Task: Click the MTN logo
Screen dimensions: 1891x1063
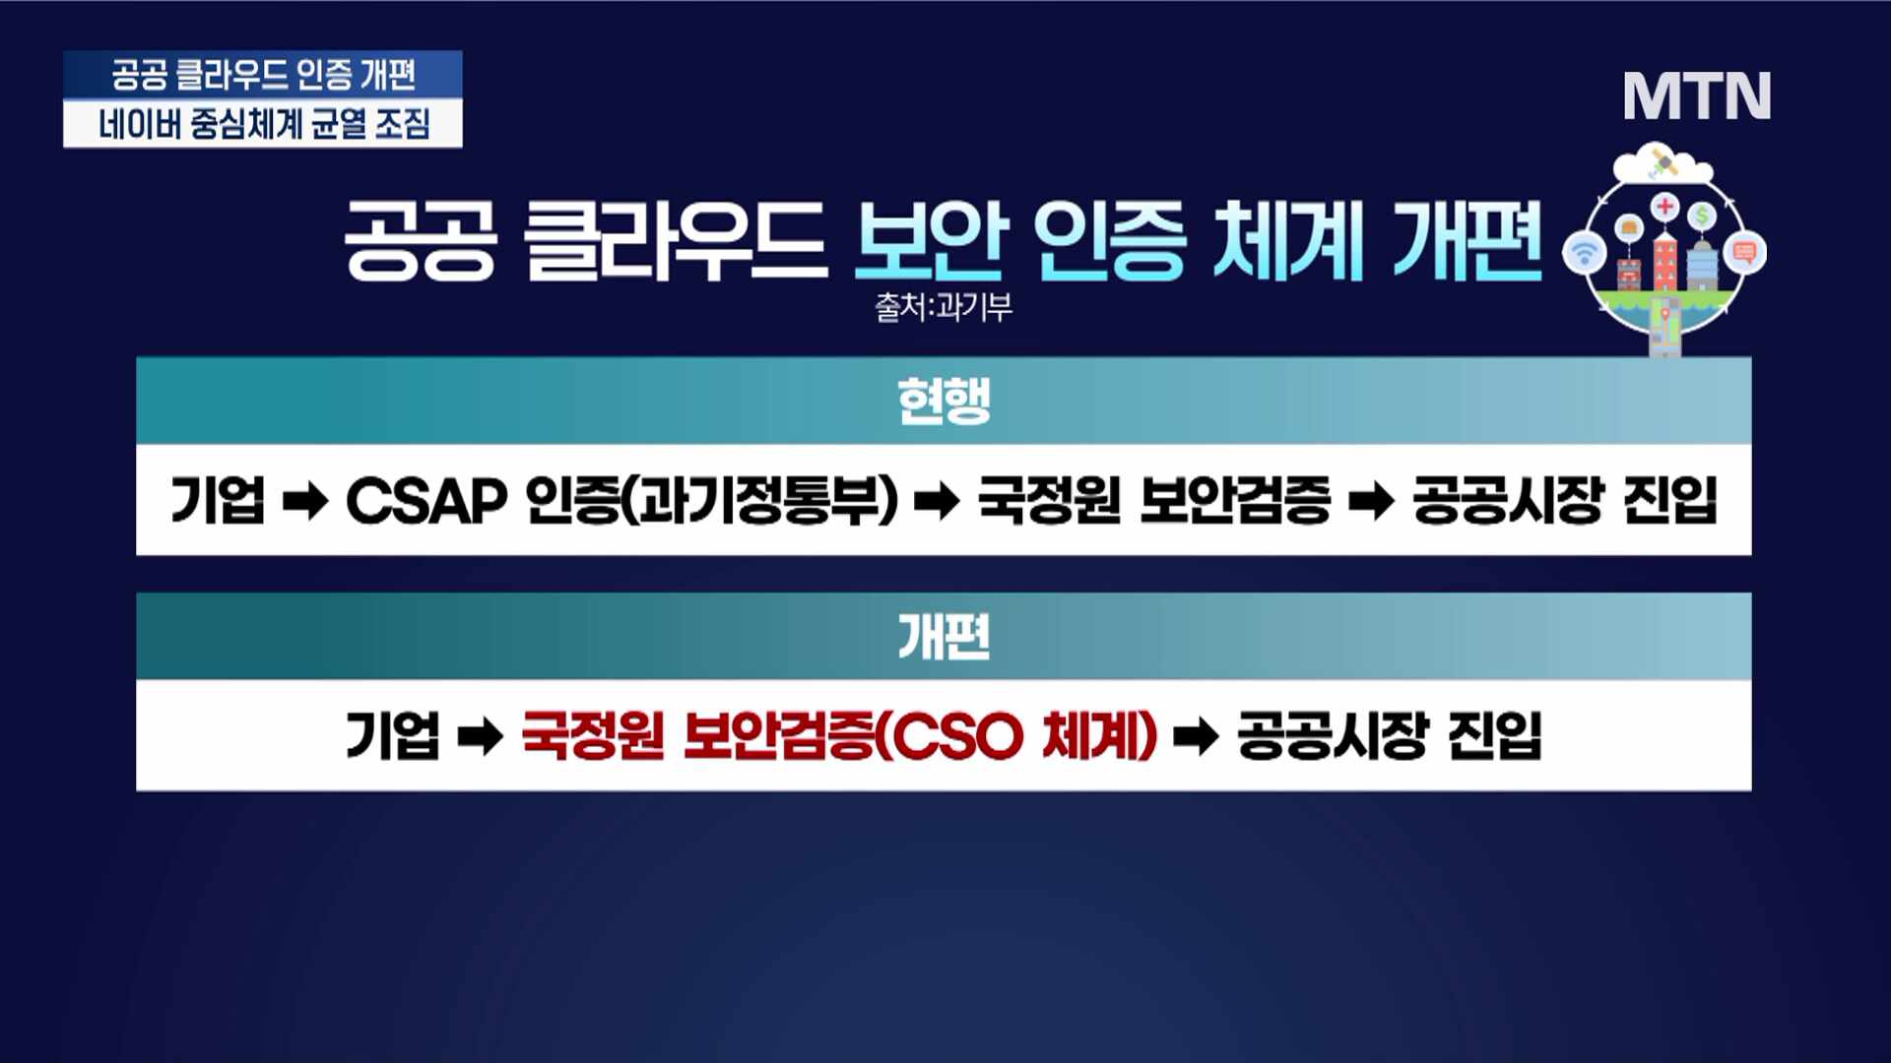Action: click(1697, 96)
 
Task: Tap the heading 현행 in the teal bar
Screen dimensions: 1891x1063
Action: click(944, 401)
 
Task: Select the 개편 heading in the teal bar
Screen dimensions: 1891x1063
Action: click(944, 636)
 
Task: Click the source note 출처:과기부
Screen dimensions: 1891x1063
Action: click(944, 307)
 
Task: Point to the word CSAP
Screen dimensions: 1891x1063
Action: click(425, 501)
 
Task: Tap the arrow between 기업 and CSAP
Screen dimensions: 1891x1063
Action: click(305, 502)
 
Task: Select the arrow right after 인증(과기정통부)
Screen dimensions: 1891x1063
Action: click(937, 502)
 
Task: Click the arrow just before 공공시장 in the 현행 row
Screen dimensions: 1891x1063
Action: click(1372, 502)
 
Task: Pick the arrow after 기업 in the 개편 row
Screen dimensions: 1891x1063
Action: click(481, 737)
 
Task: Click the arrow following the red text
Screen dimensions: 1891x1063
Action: click(1197, 737)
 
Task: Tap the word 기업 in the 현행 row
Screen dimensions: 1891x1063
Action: click(218, 500)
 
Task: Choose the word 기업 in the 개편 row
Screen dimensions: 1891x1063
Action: click(392, 735)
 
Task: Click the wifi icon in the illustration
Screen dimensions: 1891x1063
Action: click(1585, 253)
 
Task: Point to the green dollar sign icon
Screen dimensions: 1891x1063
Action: click(1702, 216)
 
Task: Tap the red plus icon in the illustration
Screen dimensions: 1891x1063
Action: click(1664, 207)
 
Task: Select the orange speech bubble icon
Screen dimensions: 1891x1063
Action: click(1745, 253)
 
